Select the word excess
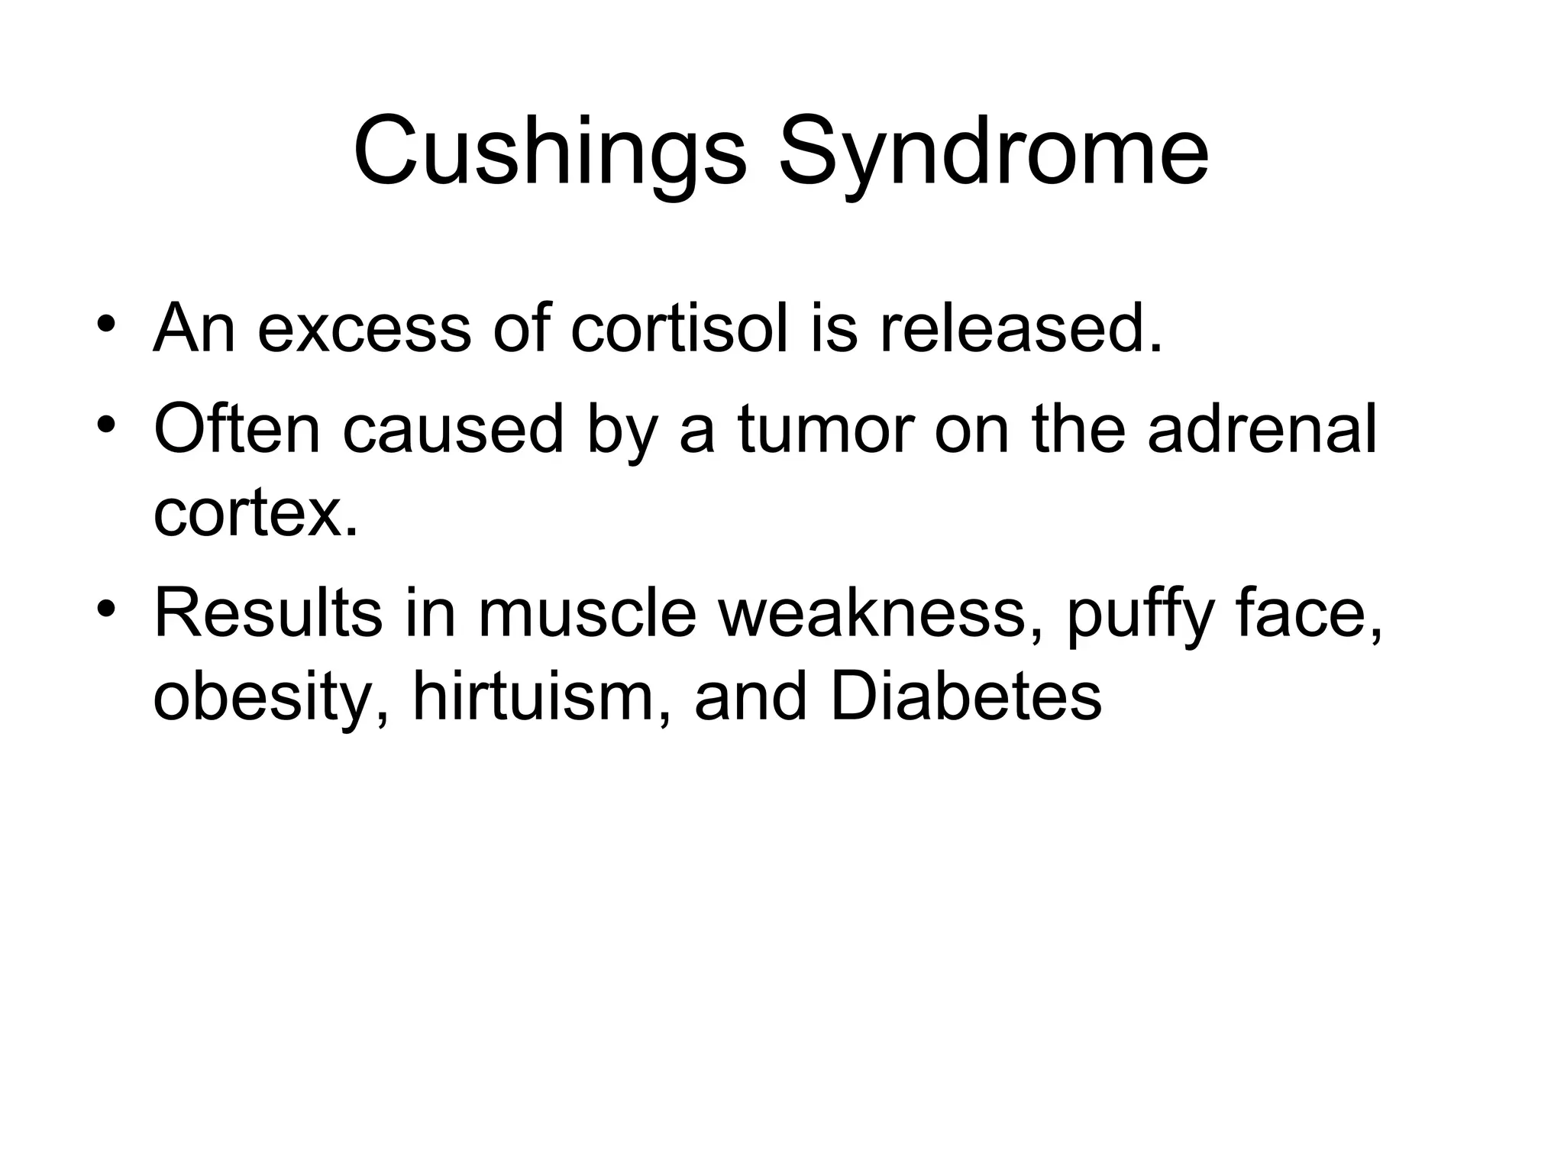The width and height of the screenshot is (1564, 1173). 364,329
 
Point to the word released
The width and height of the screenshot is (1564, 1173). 1021,329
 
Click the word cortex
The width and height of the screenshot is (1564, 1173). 255,514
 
